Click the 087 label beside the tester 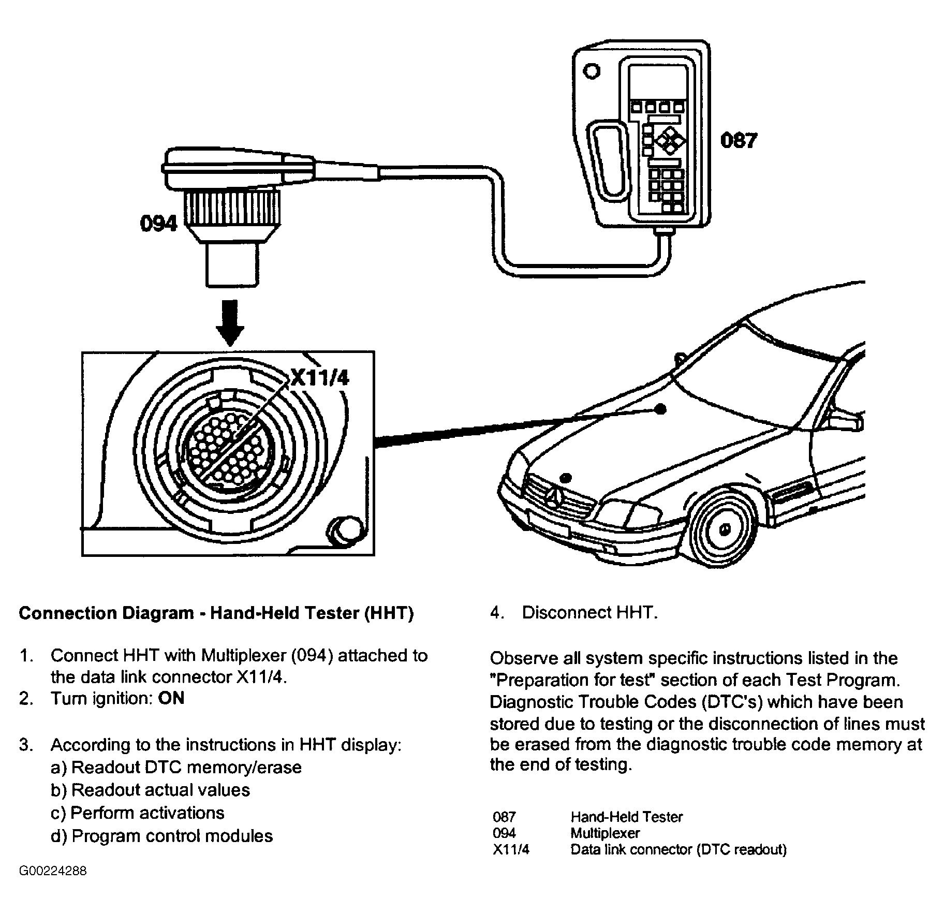[x=738, y=140]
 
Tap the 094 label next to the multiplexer [x=158, y=224]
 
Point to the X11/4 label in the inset [x=319, y=378]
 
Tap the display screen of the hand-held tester [x=658, y=82]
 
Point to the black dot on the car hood [x=660, y=409]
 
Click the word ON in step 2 [x=171, y=698]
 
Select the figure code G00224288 [x=53, y=871]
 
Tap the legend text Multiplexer [x=605, y=833]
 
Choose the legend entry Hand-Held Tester [x=626, y=817]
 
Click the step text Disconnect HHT [x=589, y=612]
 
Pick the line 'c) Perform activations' [x=138, y=813]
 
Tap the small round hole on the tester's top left [x=591, y=71]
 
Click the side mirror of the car [x=846, y=419]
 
